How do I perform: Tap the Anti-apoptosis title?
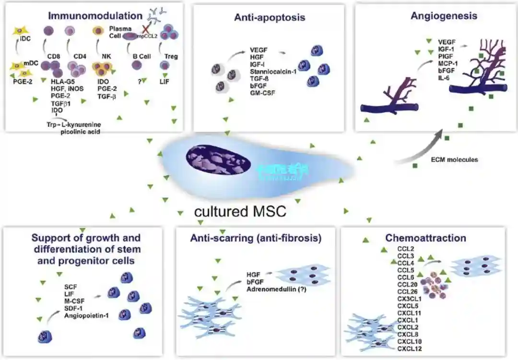270,18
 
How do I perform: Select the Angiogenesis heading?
444,16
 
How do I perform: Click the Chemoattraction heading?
419,238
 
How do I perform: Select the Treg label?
171,56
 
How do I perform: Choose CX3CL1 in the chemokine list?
409,298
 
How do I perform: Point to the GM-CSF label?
261,92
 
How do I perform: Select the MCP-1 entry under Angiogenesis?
448,63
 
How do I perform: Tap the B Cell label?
141,56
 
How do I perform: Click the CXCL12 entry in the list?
409,348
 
